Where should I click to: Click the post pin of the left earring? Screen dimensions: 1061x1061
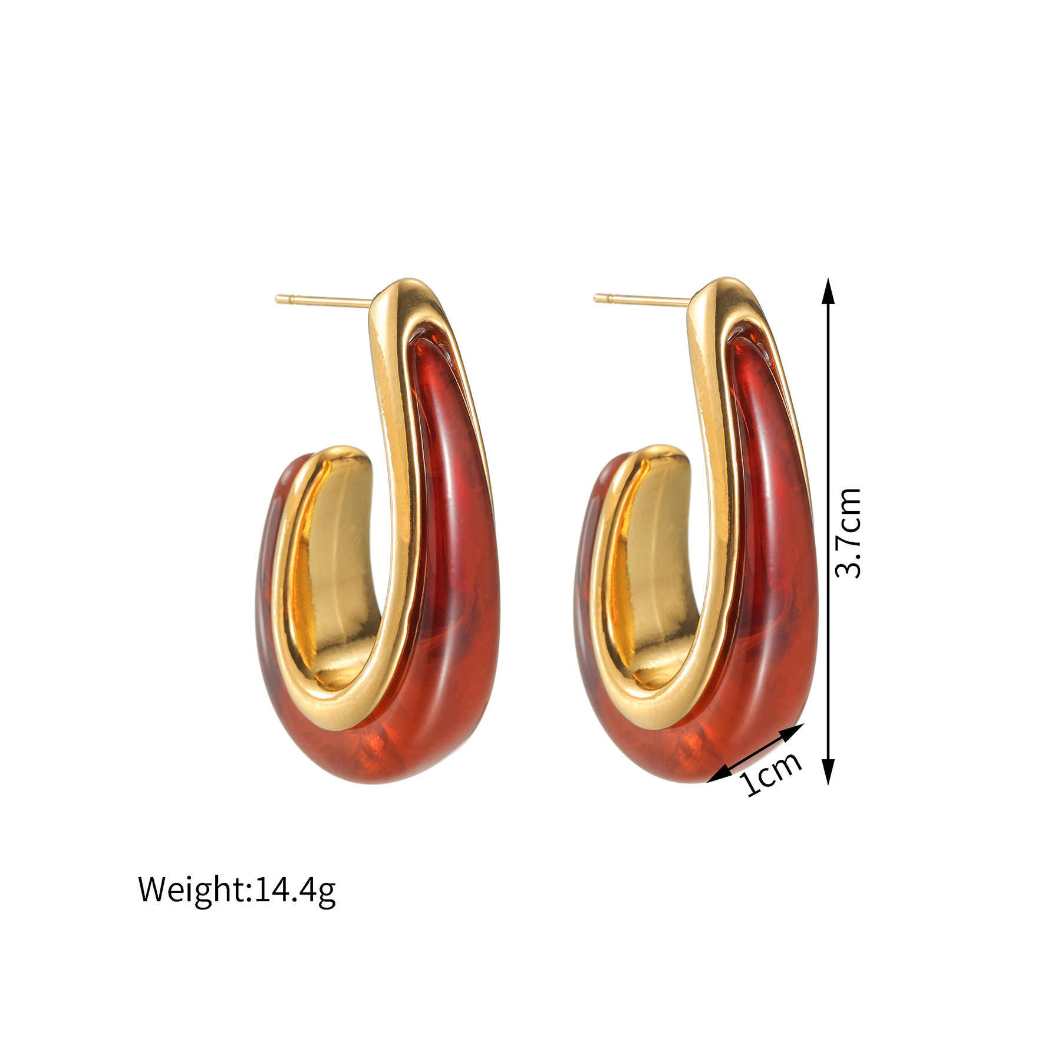point(324,301)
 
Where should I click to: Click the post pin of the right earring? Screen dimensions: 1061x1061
point(642,301)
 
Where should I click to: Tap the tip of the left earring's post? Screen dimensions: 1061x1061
point(276,299)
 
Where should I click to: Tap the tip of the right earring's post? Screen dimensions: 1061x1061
point(595,298)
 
